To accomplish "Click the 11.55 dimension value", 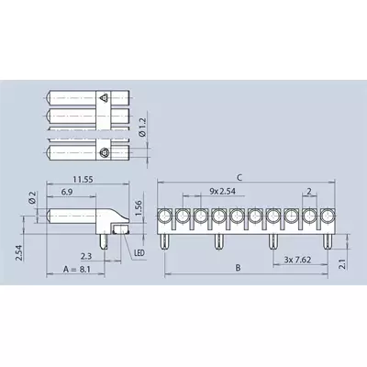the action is point(83,179).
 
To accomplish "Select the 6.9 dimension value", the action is point(67,192).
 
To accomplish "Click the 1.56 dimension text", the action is point(139,208).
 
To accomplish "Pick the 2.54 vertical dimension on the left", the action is point(19,252).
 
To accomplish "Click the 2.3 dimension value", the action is point(86,256).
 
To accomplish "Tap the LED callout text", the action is point(139,253).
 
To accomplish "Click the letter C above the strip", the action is point(239,177).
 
